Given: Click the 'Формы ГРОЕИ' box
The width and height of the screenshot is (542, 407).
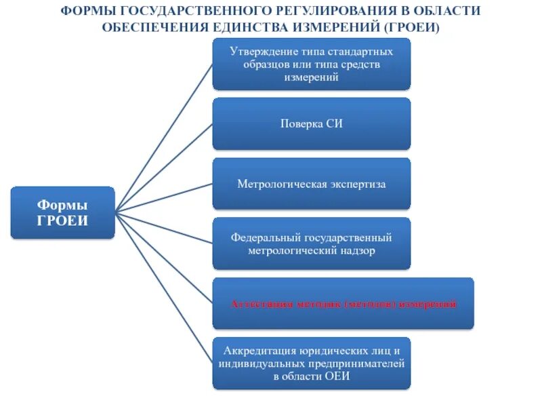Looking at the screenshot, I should [x=62, y=212].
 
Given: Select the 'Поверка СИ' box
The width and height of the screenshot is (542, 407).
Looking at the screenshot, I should [x=311, y=123].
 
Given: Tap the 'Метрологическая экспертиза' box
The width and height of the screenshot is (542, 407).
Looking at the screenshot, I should [x=311, y=184].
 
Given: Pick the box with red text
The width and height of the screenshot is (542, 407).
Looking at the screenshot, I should [x=343, y=303].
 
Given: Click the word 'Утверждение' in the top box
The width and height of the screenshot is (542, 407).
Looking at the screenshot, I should [x=260, y=52].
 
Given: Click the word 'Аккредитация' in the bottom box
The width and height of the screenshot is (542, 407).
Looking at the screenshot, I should [x=255, y=351].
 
